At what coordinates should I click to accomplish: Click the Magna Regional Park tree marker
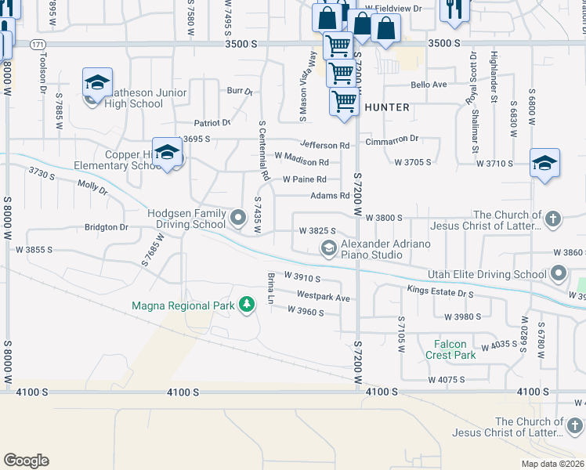(x=247, y=304)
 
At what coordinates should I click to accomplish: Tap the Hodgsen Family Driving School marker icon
(x=238, y=215)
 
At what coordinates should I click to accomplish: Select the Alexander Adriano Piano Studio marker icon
(x=329, y=249)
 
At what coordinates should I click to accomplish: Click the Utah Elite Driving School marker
(x=558, y=273)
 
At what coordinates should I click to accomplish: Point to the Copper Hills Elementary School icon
(x=167, y=154)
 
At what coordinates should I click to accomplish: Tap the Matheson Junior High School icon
(x=96, y=83)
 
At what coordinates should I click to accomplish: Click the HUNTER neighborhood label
(x=386, y=107)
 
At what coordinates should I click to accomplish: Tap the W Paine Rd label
(x=305, y=179)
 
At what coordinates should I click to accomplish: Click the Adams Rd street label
(x=329, y=196)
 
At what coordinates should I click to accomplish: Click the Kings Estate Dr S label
(x=440, y=291)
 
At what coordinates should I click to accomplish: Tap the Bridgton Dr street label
(x=106, y=227)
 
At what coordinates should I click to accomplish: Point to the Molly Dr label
(x=92, y=186)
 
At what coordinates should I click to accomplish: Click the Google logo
(x=26, y=461)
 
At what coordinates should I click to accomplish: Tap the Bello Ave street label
(x=428, y=85)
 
